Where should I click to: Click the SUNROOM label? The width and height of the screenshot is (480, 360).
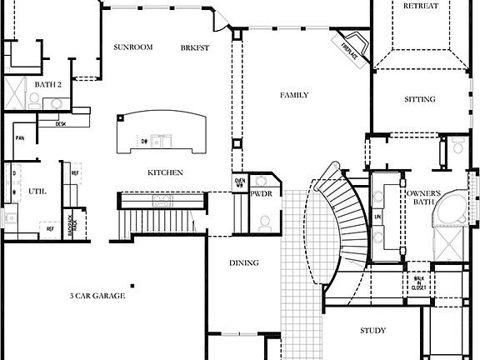[133, 47]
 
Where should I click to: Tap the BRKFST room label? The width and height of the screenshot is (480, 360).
[195, 47]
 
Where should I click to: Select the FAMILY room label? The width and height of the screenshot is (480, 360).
[293, 95]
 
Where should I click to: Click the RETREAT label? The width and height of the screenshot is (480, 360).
[420, 6]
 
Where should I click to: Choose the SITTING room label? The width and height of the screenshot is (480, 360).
[419, 99]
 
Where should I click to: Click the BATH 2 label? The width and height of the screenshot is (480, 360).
[48, 84]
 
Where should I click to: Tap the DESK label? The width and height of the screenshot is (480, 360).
[61, 123]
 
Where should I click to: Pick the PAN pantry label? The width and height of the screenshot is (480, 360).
[18, 138]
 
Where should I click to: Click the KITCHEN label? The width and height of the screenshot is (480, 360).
[165, 172]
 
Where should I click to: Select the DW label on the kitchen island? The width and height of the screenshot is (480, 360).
[144, 142]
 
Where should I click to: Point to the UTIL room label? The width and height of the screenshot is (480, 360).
[37, 191]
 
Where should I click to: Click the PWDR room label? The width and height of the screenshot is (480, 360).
[261, 193]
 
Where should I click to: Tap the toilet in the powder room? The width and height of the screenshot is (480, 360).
[265, 222]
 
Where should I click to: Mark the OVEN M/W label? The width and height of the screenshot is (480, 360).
[239, 182]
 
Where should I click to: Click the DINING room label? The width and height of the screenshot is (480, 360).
[243, 263]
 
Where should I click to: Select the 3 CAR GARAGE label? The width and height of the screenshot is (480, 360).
[97, 295]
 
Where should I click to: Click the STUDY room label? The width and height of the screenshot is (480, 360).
[372, 331]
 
